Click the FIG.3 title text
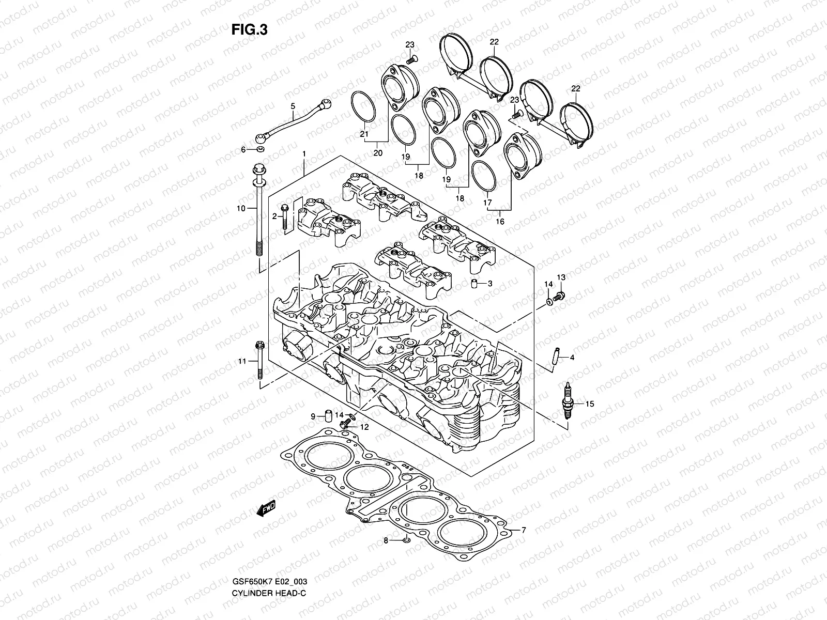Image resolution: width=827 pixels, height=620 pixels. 249,30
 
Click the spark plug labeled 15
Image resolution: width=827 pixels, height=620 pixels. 569,405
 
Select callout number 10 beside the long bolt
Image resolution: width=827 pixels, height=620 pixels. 240,209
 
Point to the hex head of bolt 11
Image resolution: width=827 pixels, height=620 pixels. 259,345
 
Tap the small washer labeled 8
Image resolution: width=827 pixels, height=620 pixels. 407,540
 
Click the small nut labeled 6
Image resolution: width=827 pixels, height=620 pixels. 261,150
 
